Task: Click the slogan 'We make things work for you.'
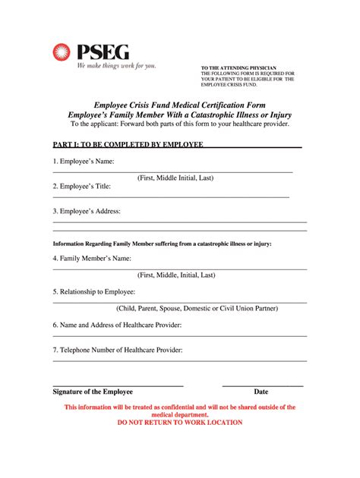[115, 66]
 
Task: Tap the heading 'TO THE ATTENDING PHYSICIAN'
[238, 68]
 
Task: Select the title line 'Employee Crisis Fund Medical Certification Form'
[179, 103]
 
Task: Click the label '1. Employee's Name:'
[84, 162]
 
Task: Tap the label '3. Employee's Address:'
[87, 211]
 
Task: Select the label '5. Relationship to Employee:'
[95, 291]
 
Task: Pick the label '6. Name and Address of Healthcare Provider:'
[117, 324]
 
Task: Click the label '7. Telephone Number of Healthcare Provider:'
[118, 350]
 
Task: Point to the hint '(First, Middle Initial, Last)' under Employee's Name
[175, 178]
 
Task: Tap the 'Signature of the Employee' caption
[93, 392]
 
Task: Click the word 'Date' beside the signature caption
[261, 392]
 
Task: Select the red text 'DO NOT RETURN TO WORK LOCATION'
[180, 423]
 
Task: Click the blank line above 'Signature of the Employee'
[118, 385]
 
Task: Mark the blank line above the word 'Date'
[262, 385]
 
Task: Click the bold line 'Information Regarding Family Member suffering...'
[162, 244]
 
